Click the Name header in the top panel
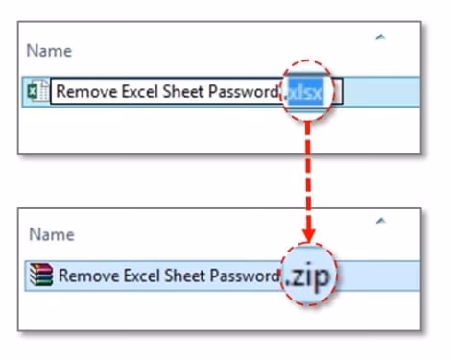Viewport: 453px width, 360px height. (49, 52)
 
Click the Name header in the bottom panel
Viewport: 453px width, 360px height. (49, 233)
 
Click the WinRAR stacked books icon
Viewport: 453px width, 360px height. (41, 276)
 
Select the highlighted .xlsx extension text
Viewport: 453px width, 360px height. (308, 92)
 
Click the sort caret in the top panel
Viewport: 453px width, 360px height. (381, 37)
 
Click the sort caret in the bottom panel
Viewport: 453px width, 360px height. (381, 220)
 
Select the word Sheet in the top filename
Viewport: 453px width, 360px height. (179, 92)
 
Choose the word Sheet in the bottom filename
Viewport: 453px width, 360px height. (181, 276)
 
